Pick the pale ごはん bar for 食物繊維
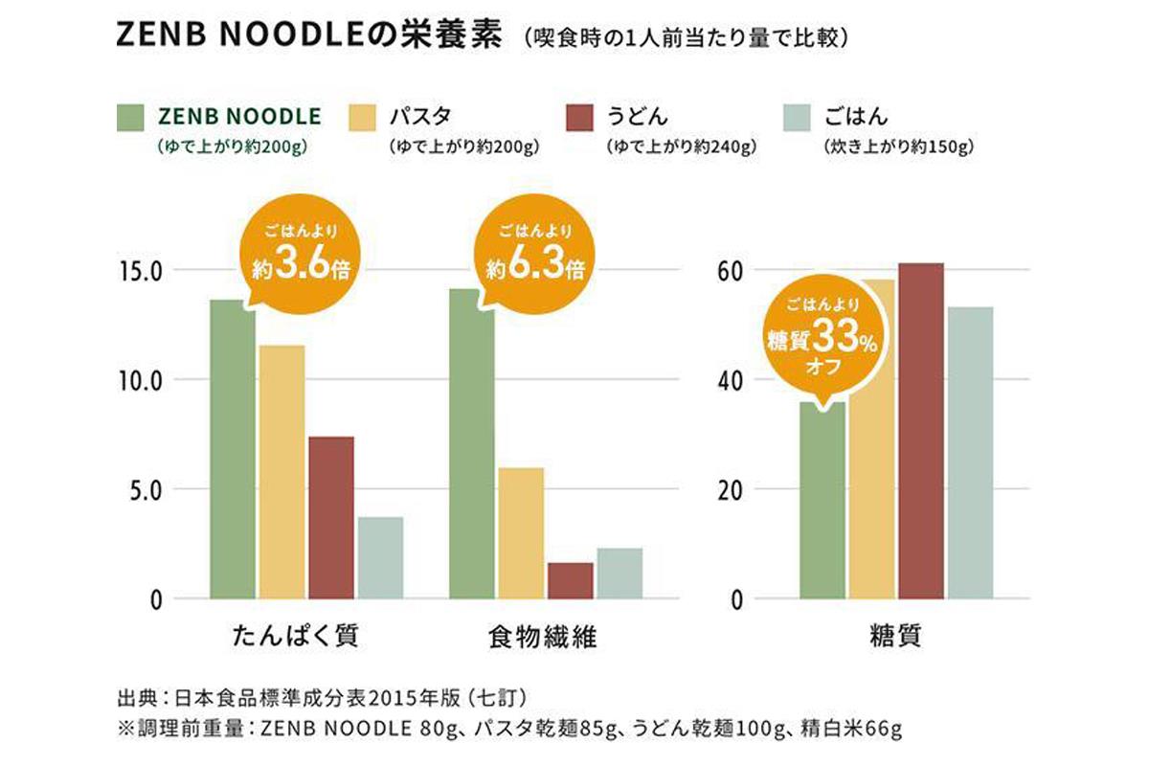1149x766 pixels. [x=620, y=574]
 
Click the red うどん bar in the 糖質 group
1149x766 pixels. [x=920, y=431]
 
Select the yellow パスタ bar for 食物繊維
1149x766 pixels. [x=521, y=533]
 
